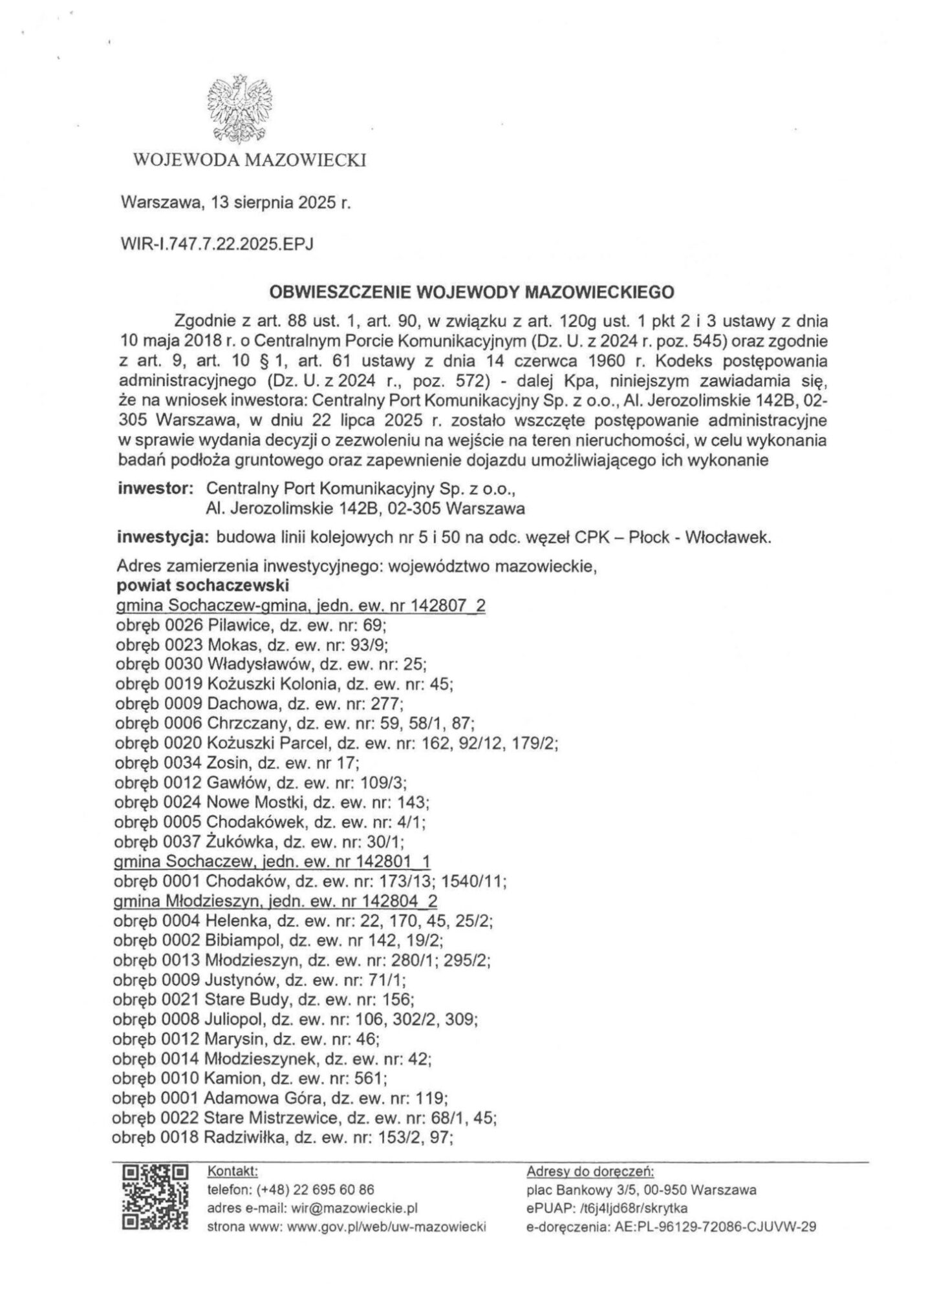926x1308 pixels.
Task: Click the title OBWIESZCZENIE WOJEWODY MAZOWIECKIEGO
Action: [x=471, y=292]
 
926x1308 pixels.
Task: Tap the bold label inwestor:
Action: [x=156, y=489]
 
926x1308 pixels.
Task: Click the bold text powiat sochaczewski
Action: [x=202, y=585]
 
